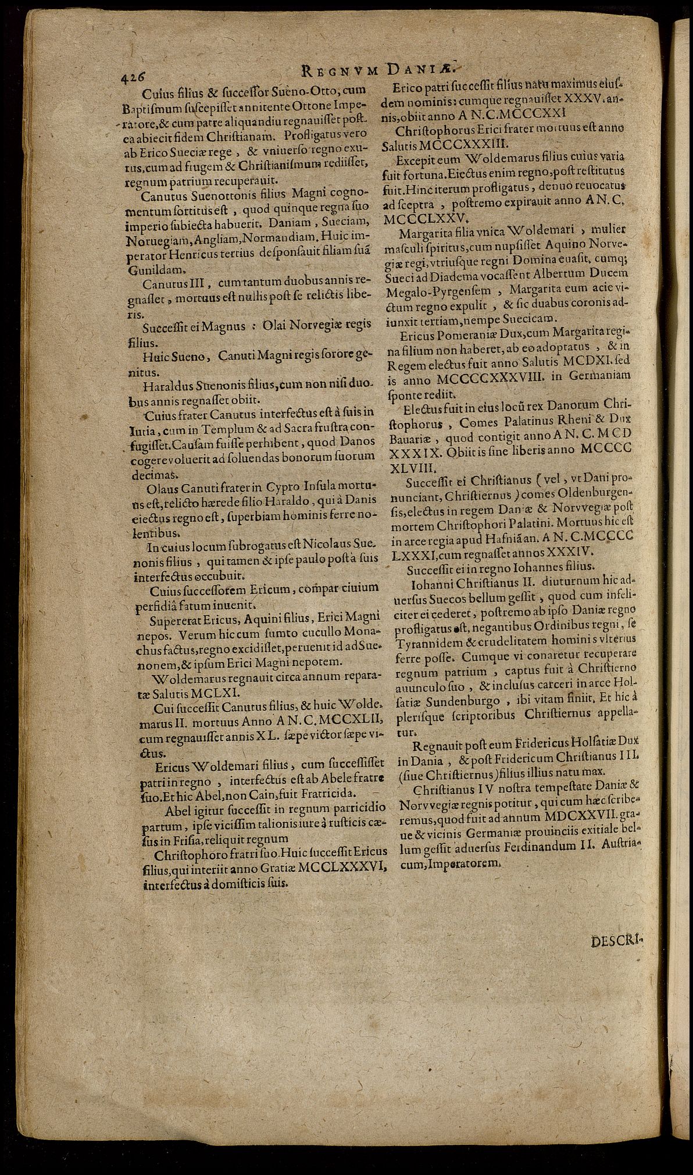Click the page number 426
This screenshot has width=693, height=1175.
[134, 78]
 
